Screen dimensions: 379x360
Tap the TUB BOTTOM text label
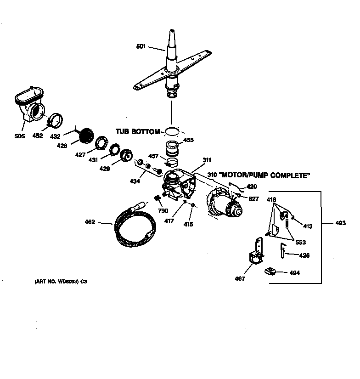click(x=138, y=132)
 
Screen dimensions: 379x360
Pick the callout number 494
click(x=294, y=273)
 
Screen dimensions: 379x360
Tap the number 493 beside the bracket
click(x=340, y=223)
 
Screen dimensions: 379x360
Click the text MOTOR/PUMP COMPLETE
click(x=265, y=175)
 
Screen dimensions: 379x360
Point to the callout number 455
click(x=188, y=140)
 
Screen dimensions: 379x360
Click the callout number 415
click(x=188, y=224)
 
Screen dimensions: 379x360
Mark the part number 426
click(x=304, y=255)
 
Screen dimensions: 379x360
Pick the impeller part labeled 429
click(x=125, y=156)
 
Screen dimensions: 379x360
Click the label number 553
click(x=300, y=242)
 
